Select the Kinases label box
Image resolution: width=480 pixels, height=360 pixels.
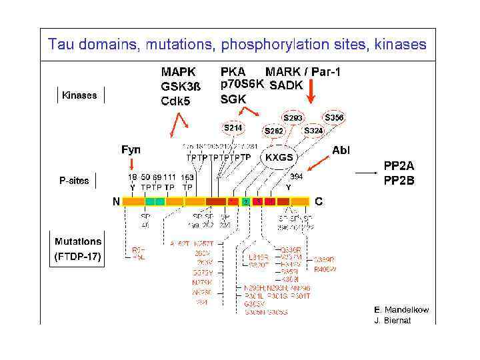pyautogui.click(x=79, y=95)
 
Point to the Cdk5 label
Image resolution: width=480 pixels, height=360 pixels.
pyautogui.click(x=175, y=101)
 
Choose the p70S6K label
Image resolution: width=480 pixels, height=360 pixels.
pyautogui.click(x=242, y=85)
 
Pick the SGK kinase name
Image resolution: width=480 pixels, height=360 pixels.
pyautogui.click(x=233, y=99)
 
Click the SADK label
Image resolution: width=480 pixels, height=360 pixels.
pyautogui.click(x=286, y=85)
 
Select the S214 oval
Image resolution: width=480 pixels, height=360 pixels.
pyautogui.click(x=233, y=127)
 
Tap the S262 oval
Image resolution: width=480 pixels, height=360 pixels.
pyautogui.click(x=275, y=131)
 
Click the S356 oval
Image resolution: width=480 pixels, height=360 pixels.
pyautogui.click(x=335, y=118)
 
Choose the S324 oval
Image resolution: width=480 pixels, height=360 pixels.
pyautogui.click(x=313, y=131)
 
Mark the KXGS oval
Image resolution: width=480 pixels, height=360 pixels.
pyautogui.click(x=279, y=157)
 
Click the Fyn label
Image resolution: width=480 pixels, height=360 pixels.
pyautogui.click(x=131, y=150)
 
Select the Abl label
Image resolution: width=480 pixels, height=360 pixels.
pyautogui.click(x=341, y=150)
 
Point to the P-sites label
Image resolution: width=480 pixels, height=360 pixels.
pyautogui.click(x=75, y=181)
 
